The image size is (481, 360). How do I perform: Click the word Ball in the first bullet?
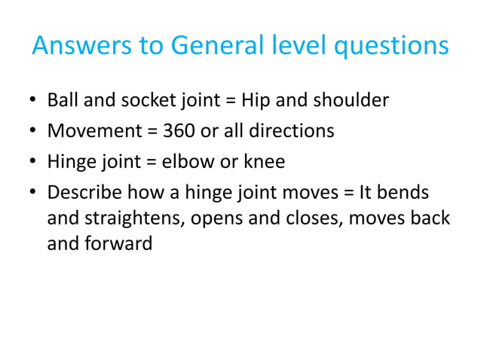[62, 99]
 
